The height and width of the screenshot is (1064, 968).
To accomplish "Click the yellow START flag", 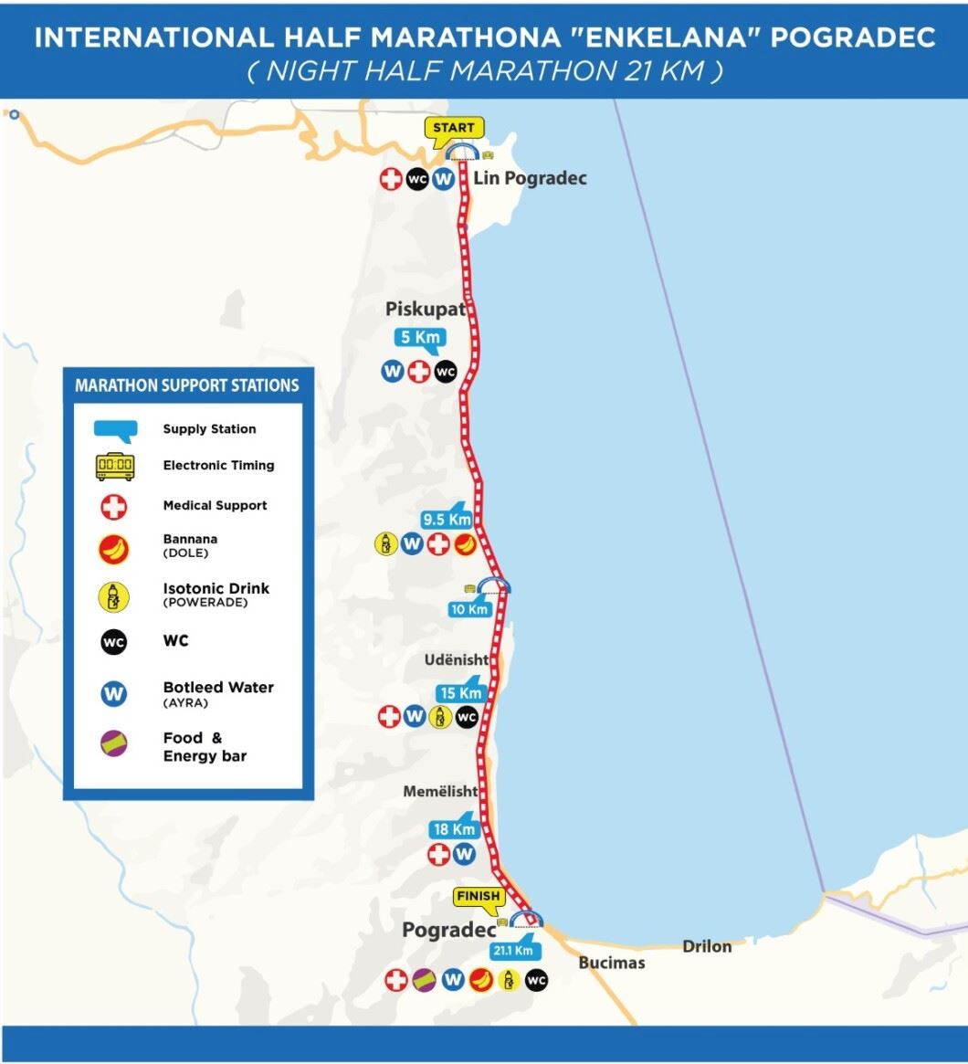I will click(x=453, y=127).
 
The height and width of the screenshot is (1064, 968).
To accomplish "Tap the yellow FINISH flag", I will click(x=479, y=896).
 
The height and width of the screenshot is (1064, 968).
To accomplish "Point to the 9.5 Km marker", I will click(x=447, y=519).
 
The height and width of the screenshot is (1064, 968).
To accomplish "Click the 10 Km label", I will click(x=469, y=608).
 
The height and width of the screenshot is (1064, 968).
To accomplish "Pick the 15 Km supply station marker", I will click(x=459, y=692).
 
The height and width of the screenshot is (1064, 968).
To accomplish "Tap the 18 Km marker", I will click(x=454, y=829).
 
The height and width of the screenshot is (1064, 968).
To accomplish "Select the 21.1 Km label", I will click(x=512, y=950).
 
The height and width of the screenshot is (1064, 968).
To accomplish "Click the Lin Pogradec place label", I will click(x=530, y=178).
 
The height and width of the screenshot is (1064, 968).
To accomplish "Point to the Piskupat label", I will click(x=425, y=310).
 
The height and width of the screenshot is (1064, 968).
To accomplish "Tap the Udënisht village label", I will click(x=457, y=659).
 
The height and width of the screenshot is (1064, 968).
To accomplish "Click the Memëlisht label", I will click(x=441, y=792).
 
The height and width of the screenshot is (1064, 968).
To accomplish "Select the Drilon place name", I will click(x=707, y=946).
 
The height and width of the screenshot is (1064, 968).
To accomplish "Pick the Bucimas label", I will click(x=612, y=963).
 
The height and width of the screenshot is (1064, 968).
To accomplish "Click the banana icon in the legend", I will click(x=114, y=549).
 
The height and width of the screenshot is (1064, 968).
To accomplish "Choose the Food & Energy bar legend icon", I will click(x=114, y=744).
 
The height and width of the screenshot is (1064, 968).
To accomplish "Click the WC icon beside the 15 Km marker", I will click(x=467, y=717).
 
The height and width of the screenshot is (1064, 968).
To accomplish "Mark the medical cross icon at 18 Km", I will click(x=439, y=854).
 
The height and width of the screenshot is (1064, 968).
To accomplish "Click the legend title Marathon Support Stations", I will click(x=187, y=385).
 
